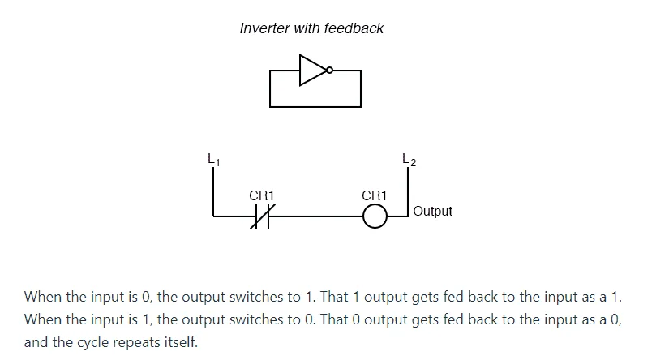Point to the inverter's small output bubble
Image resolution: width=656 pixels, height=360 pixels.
[330, 71]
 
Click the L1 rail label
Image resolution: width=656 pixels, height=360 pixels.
[214, 159]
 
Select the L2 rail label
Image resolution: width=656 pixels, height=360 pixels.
[409, 159]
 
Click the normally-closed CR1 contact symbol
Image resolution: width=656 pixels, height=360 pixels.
[262, 216]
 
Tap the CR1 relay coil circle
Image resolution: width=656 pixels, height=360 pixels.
[375, 216]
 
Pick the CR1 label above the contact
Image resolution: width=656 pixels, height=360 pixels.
[261, 195]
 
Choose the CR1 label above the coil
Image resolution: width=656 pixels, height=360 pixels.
[375, 195]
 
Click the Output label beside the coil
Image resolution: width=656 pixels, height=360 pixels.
[432, 211]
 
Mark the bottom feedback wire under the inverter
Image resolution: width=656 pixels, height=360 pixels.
[315, 107]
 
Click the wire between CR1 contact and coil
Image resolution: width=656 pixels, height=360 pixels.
[315, 216]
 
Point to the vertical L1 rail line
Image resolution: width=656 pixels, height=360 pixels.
[213, 192]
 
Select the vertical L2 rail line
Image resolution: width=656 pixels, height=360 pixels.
[408, 192]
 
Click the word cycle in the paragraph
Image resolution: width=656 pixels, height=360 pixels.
[93, 342]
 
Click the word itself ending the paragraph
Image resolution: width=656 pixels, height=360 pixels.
[181, 342]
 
